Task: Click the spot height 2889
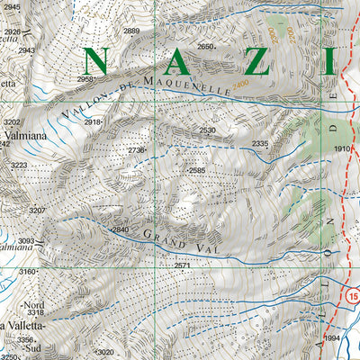click(132, 31)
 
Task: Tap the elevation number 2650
click(206, 47)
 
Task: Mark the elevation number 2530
click(208, 131)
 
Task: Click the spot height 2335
click(260, 144)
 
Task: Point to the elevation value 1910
click(342, 148)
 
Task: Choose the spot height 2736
click(136, 150)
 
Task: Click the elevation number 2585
click(197, 170)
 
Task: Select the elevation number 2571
click(183, 265)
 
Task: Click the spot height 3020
click(105, 352)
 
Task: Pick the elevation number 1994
click(332, 337)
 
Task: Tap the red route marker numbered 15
click(351, 294)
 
